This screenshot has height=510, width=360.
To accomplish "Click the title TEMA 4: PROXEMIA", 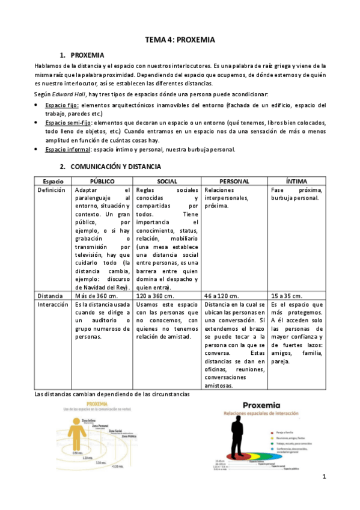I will click(180, 40).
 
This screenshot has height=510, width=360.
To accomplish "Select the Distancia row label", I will click(50, 296).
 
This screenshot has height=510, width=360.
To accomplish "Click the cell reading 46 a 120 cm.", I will click(222, 296).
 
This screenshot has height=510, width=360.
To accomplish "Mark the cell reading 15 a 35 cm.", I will click(285, 296).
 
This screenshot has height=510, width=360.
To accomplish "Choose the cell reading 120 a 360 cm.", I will click(156, 296).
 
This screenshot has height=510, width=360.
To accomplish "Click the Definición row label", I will click(51, 190).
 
